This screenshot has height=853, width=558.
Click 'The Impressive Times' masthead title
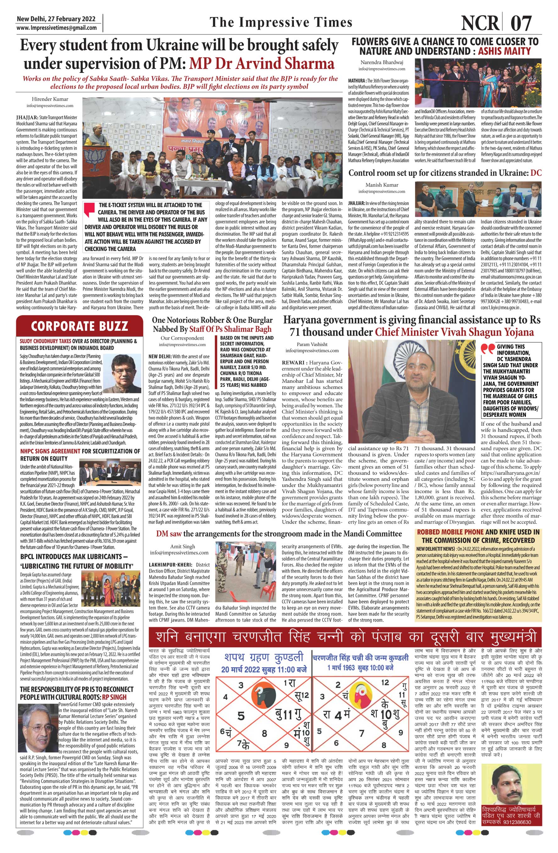[x=281, y=23]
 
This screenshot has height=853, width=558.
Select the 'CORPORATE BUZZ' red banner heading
[x=79, y=326]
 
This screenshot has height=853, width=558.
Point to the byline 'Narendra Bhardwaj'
[x=381, y=62]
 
